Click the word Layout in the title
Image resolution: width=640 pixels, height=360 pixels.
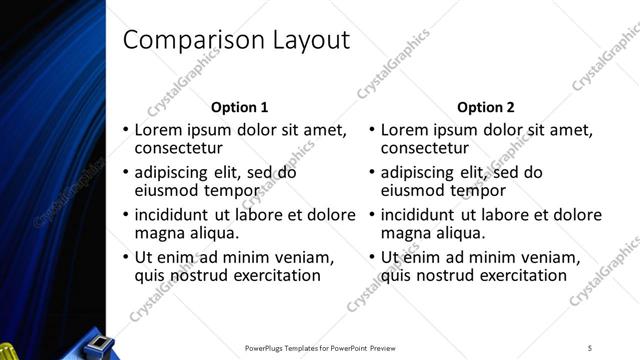coord(304,40)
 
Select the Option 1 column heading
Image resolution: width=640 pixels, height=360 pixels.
coord(240,107)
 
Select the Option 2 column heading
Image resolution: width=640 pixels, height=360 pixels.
coord(486,107)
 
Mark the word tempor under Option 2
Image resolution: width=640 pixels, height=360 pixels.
coord(482,190)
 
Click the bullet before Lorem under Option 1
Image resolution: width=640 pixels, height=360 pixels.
coord(125,130)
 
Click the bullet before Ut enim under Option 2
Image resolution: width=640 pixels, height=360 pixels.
coord(371,257)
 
